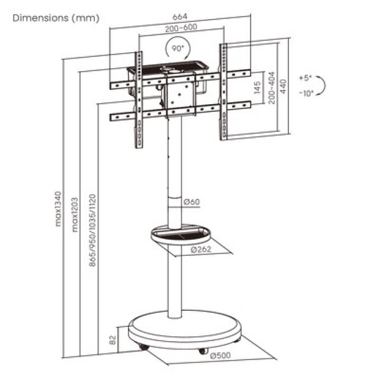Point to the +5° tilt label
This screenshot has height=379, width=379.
click(305, 78)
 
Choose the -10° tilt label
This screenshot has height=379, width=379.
click(306, 94)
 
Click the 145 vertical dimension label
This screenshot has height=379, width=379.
click(258, 90)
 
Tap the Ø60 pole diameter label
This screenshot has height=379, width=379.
click(192, 203)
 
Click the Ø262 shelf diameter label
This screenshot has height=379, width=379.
click(201, 249)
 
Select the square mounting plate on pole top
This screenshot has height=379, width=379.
click(178, 96)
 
